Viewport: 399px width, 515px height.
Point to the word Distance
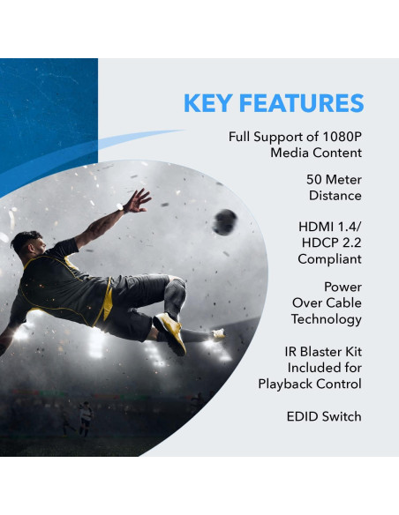[x=335, y=195]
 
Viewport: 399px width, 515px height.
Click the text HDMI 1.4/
[x=330, y=227]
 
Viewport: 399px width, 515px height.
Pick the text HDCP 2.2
[x=330, y=243]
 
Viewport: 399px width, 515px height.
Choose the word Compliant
[x=329, y=259]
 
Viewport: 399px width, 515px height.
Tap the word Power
[x=343, y=287]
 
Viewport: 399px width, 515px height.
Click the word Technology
[x=326, y=319]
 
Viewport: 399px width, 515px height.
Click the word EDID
[x=304, y=415]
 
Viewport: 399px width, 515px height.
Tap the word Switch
[x=343, y=415]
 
